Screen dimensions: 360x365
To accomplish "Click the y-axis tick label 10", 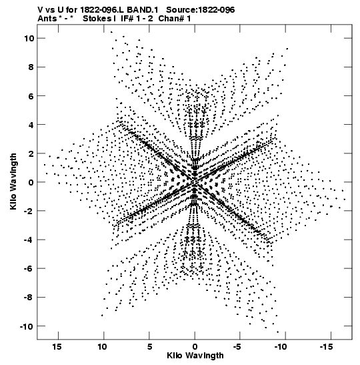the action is coord(29,38).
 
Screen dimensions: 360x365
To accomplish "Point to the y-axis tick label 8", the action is coord(31,67).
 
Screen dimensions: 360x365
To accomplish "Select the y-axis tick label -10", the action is coord(27,326).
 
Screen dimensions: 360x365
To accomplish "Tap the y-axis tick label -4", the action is coord(29,240).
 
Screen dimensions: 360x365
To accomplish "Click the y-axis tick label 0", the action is coord(31,182).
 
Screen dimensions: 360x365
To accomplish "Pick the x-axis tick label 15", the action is coord(57,346).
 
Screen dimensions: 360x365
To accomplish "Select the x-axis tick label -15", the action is coord(326,346).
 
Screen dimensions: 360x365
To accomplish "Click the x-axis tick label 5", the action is coord(149,346).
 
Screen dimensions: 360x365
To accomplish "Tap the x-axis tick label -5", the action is coord(237,346).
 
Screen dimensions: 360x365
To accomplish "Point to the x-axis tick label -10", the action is coord(281,346).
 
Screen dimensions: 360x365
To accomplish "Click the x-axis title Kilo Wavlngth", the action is coord(195,356).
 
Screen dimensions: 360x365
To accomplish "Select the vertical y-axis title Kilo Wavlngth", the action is coord(13,181).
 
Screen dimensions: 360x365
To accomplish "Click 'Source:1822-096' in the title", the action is coord(201,10).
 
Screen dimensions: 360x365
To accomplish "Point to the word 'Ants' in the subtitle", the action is coord(47,19).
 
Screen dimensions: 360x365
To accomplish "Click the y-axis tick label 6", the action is coord(31,96).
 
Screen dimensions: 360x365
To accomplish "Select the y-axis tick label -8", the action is coord(29,297).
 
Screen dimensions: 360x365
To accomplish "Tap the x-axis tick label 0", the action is coord(195,346).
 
